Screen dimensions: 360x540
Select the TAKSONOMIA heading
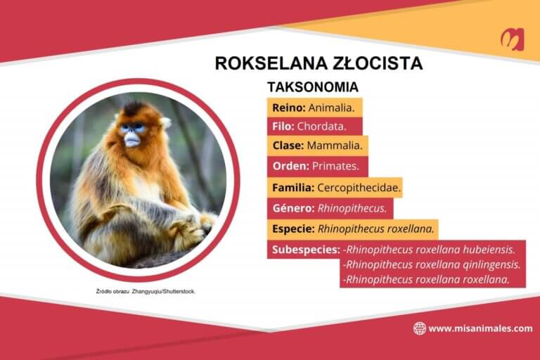313,87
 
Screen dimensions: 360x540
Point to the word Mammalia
336,146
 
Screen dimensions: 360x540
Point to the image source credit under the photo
146,290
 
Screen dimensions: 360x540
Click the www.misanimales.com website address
480,328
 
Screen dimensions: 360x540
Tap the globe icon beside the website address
420,328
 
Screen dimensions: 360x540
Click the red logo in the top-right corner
511,39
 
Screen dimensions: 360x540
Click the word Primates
335,167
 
